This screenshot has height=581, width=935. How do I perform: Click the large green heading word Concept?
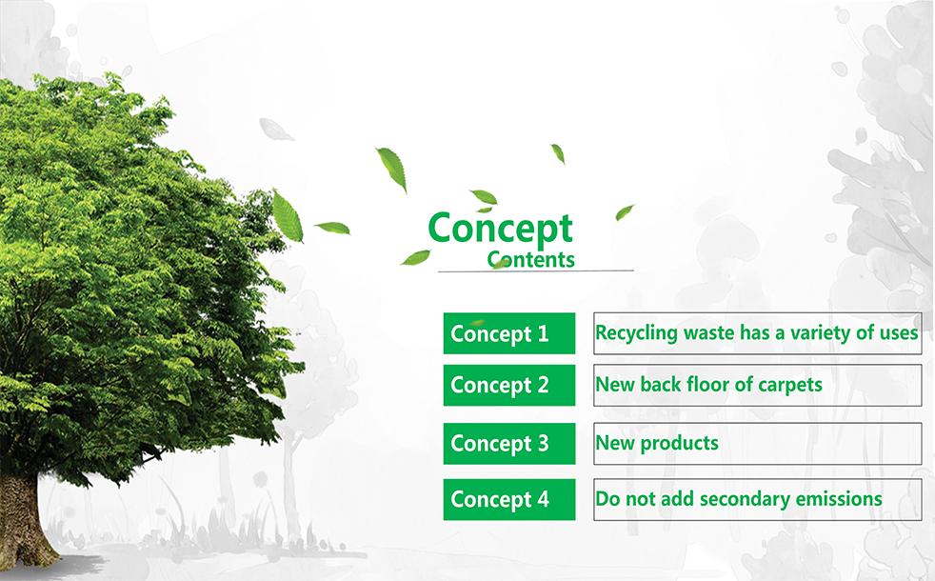500,229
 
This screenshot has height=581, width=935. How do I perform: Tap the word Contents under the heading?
530,259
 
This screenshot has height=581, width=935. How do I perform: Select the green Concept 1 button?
509,333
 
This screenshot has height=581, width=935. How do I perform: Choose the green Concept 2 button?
509,386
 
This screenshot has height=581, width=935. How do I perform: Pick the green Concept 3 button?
509,444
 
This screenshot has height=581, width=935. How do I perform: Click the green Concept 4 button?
509,499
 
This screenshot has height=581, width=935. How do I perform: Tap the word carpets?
790,386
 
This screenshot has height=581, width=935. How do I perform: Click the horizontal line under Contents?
535,271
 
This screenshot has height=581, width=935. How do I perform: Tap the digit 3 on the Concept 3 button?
543,443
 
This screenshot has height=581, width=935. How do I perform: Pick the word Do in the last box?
607,499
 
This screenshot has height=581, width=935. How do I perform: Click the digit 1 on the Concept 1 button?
543,332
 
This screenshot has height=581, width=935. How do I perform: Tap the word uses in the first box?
899,333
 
